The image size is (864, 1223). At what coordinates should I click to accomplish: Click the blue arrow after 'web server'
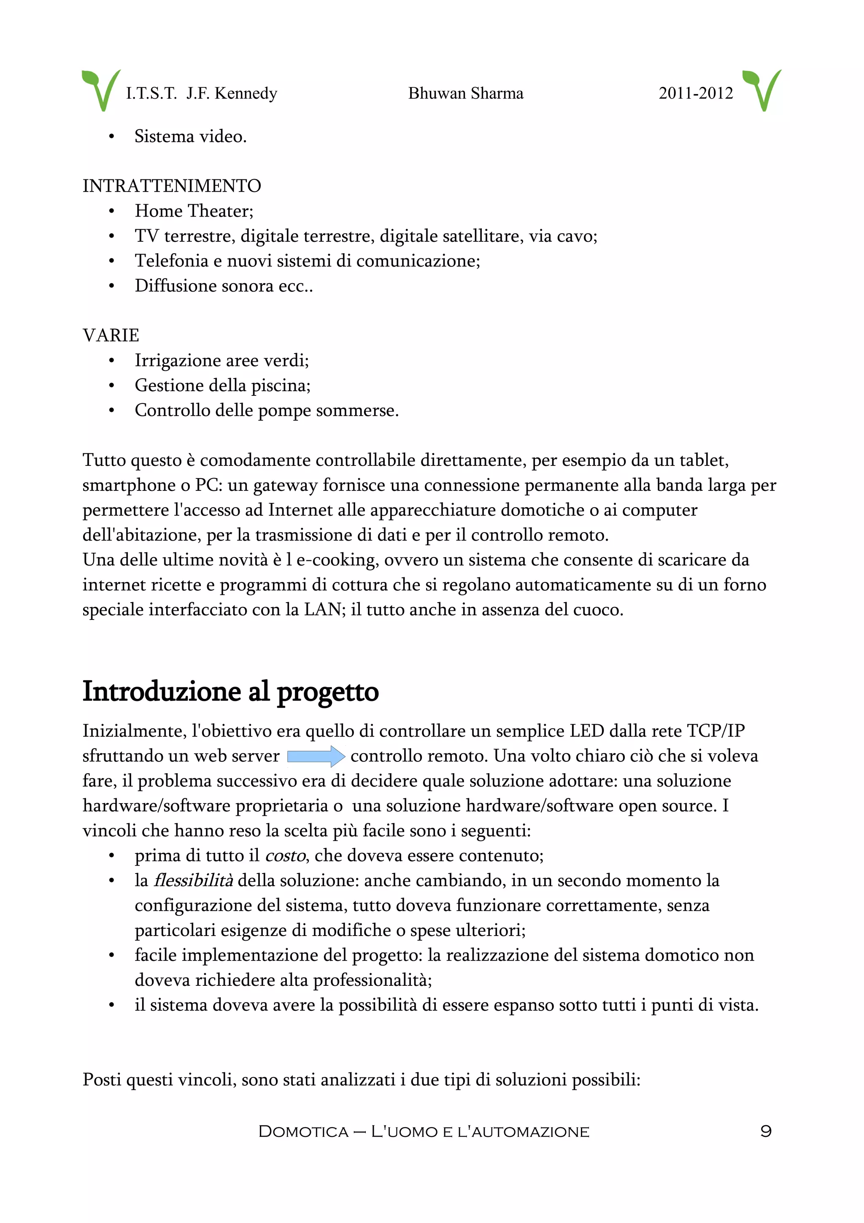[316, 756]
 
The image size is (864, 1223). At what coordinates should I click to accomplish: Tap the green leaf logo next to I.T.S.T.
[100, 89]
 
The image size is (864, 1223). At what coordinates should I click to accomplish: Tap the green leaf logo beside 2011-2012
[762, 89]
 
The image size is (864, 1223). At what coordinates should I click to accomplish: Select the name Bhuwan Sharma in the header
[465, 94]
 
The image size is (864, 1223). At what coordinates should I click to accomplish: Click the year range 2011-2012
[695, 94]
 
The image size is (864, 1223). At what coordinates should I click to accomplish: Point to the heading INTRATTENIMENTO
[171, 186]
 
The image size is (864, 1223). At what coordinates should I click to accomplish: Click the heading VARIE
[111, 336]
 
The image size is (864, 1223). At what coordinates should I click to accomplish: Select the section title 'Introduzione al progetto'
[230, 691]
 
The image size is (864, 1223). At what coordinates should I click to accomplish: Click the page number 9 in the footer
[766, 1131]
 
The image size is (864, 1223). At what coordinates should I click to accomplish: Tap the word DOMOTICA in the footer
[303, 1132]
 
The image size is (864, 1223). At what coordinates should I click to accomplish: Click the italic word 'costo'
[285, 856]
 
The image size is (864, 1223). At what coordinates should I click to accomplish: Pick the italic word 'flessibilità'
[193, 880]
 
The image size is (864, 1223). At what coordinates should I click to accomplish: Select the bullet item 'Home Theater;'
[194, 211]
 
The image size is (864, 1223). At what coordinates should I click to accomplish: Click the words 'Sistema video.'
[190, 136]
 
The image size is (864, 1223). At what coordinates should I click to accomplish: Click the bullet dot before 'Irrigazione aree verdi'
[111, 361]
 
